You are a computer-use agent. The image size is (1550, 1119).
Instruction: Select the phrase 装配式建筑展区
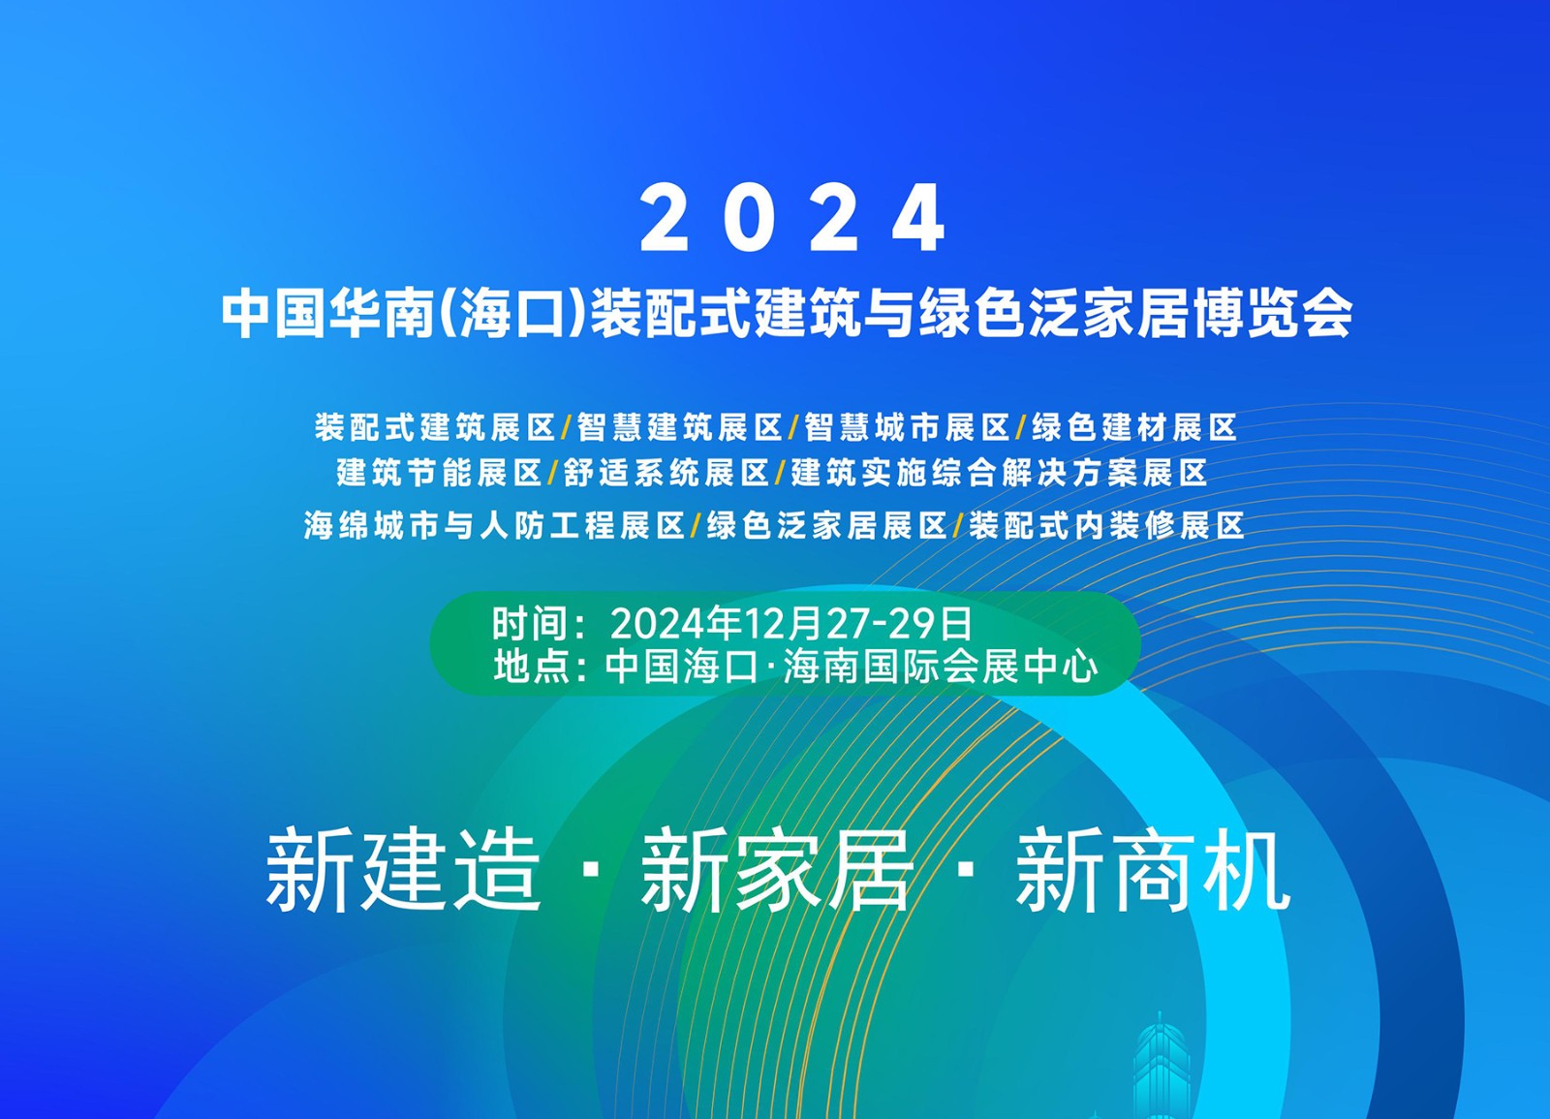[435, 427]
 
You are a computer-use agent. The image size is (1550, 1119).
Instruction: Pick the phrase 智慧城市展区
[907, 427]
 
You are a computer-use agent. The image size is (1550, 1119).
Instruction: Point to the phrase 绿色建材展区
[1134, 427]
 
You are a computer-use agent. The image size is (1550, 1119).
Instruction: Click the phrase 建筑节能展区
[440, 473]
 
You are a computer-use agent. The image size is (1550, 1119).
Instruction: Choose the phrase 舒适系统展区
[666, 473]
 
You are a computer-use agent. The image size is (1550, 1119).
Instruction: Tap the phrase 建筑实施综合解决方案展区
[999, 473]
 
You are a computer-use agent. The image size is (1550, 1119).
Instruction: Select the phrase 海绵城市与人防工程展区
[494, 525]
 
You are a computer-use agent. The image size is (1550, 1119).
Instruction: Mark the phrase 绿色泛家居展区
[827, 525]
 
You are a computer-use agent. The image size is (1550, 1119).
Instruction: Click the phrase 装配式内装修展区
[1106, 525]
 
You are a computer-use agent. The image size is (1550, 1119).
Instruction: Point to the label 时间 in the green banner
[529, 624]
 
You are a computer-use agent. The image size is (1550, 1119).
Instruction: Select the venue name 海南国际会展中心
[941, 668]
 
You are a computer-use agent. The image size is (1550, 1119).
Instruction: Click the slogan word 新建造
[403, 869]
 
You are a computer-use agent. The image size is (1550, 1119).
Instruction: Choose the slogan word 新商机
[1153, 869]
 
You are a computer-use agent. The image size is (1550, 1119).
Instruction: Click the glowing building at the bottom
[1161, 1070]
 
